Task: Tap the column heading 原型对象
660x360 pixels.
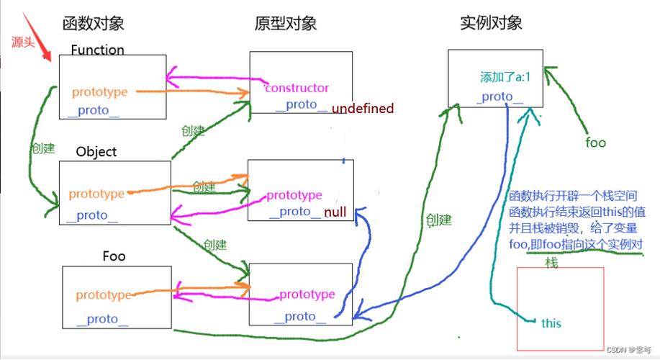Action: point(286,24)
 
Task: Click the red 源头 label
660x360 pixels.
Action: point(23,42)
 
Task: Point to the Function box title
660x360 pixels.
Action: point(97,50)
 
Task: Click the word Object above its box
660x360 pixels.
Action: point(96,152)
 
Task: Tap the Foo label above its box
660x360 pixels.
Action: point(114,256)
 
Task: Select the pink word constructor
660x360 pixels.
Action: point(297,88)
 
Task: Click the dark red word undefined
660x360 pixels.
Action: point(363,109)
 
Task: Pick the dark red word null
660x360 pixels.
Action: point(335,212)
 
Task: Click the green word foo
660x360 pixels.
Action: point(595,143)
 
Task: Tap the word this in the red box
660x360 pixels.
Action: point(551,323)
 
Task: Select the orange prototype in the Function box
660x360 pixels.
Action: point(99,92)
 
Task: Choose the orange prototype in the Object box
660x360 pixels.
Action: point(96,194)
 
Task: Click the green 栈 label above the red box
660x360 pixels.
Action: point(551,262)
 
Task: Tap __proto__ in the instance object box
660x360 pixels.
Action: point(499,97)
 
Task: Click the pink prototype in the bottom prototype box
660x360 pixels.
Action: point(307,294)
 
